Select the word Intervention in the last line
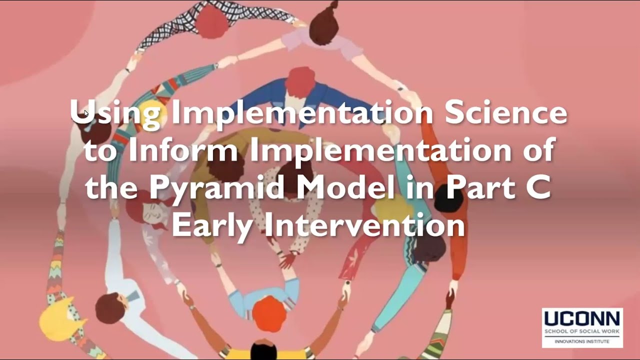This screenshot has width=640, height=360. (x=364, y=225)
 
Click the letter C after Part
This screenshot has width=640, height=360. (x=539, y=187)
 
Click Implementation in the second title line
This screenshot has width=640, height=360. (x=380, y=150)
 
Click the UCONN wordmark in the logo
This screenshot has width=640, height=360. (x=582, y=319)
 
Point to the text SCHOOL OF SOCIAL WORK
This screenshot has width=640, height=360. (x=582, y=331)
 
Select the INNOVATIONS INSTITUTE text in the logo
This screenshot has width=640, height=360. (x=582, y=341)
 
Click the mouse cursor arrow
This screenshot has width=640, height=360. (x=86, y=114)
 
